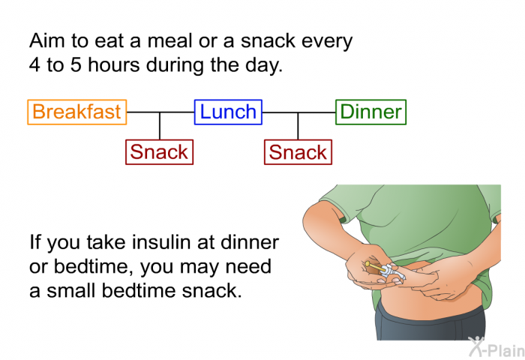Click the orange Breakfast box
point(77,112)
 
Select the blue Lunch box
point(228,112)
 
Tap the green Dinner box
point(371,112)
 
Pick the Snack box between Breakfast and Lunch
point(159,152)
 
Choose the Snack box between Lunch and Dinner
point(298,152)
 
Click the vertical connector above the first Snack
point(160,126)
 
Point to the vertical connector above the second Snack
point(298,126)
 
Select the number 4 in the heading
point(34,64)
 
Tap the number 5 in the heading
point(76,64)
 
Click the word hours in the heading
point(114,64)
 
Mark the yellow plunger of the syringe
point(372,266)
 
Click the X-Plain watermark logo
point(496,347)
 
